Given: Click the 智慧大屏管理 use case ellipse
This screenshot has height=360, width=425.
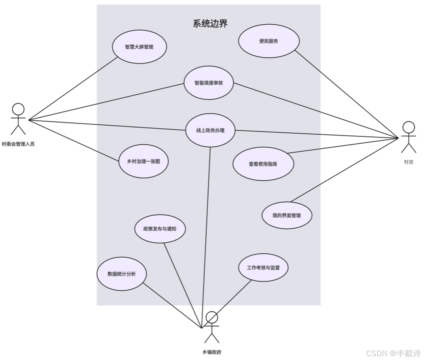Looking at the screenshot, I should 139,47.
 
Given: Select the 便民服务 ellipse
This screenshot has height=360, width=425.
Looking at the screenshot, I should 269,41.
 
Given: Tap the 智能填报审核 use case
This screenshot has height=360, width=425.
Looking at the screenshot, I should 208,83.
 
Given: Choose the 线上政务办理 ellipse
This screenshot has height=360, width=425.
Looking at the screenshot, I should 210,130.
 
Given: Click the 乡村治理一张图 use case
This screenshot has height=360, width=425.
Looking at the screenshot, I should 143,161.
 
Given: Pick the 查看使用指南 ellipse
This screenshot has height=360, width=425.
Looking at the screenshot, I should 263,164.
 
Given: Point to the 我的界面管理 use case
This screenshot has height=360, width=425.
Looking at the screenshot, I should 287,215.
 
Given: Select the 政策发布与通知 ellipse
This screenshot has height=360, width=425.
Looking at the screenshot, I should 160,229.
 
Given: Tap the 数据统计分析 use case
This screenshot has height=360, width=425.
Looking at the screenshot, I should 122,274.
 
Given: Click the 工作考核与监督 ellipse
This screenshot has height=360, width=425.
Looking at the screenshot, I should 263,267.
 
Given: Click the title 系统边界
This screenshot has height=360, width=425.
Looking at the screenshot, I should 210,24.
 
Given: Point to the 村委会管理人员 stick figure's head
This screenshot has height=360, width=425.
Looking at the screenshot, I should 18,109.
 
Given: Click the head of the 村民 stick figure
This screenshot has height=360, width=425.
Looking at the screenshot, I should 408,127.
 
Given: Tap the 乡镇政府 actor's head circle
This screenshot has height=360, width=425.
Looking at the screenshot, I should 212,317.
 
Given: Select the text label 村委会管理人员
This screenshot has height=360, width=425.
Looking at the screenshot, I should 18,144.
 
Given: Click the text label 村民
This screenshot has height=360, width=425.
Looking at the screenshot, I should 409,162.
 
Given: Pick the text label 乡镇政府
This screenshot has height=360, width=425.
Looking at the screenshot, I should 212,352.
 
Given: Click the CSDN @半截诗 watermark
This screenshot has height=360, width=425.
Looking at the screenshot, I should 393,353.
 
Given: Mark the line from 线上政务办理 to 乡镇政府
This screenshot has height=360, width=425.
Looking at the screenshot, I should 206,233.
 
